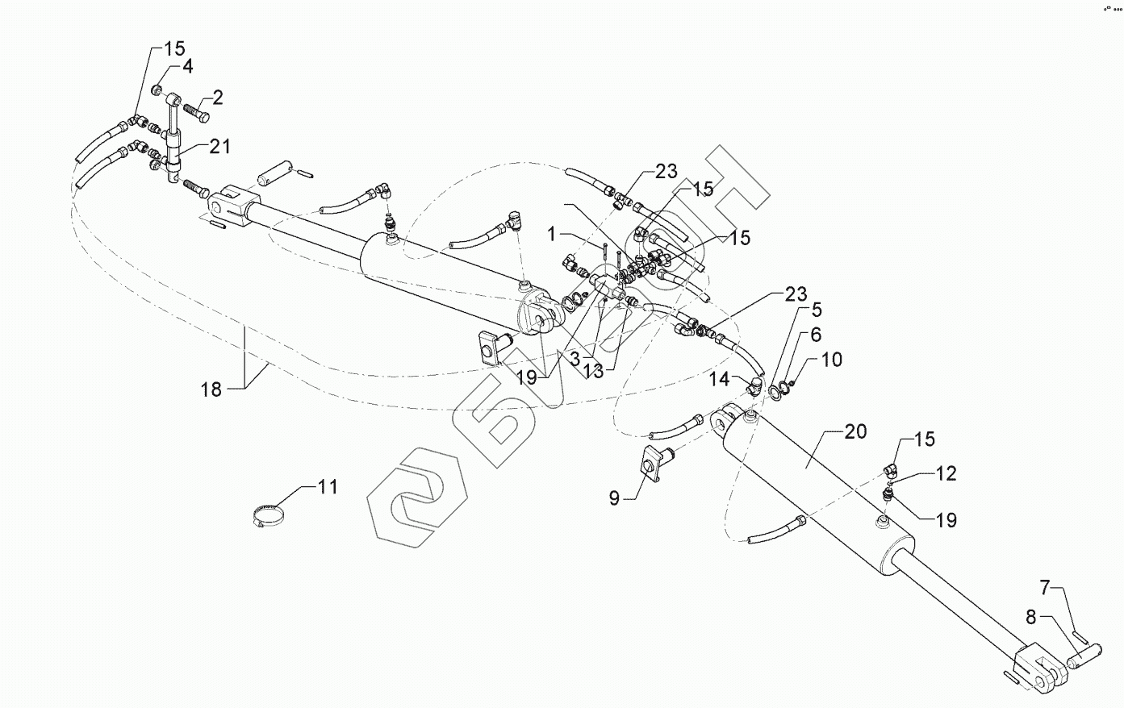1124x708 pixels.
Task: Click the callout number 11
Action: tap(328, 486)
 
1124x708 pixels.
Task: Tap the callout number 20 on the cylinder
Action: tap(855, 431)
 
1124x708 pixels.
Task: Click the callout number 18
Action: tap(211, 389)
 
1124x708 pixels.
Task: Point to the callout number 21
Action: tap(220, 147)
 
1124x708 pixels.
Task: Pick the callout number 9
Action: tap(615, 498)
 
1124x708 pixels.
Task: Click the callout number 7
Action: tap(1045, 586)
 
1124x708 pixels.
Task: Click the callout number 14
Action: tap(720, 378)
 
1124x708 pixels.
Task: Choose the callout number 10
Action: tap(832, 359)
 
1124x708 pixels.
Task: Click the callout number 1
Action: tap(553, 234)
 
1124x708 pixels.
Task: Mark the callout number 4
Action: tap(187, 66)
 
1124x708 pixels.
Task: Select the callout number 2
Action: tap(217, 98)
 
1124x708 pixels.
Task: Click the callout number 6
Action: tap(816, 334)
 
